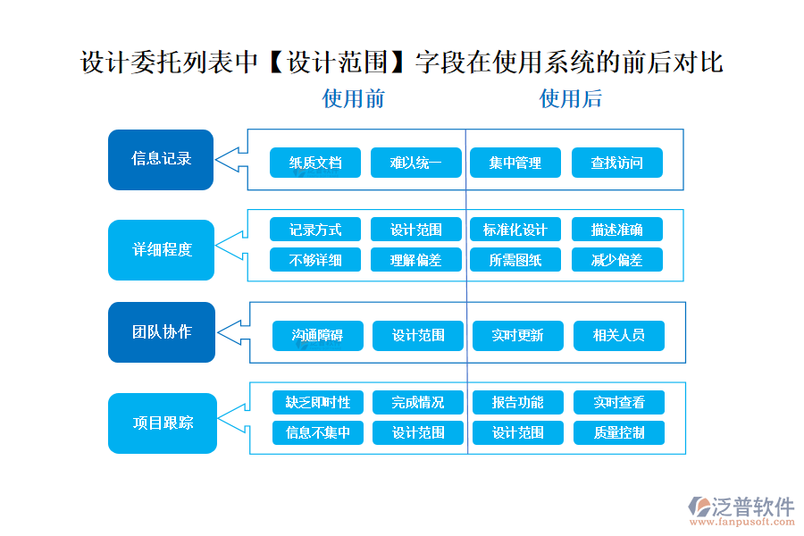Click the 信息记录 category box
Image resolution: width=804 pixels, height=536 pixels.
pos(161,160)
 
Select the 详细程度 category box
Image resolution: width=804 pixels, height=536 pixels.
pos(162,250)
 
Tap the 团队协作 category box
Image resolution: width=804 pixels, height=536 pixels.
pos(162,332)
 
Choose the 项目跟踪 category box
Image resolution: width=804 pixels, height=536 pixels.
pos(162,423)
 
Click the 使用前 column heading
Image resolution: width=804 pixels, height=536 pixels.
pos(354,98)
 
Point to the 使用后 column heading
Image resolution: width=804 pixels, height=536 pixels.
pos(570,98)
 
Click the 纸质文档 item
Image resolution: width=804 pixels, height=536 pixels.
pos(315,163)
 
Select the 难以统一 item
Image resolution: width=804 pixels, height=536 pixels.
pos(416,163)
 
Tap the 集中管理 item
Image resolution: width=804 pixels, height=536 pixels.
pos(515,163)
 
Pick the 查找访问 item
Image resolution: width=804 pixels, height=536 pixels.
pos(616,163)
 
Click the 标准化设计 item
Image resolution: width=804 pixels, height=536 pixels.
pos(515,230)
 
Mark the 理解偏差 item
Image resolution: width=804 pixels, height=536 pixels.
pos(416,260)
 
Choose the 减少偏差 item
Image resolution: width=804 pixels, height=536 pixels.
pos(616,260)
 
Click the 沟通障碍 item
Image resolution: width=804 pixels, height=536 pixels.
pos(317,336)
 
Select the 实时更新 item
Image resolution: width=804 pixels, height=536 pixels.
pos(517,336)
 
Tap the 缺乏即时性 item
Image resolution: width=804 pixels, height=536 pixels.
pos(317,402)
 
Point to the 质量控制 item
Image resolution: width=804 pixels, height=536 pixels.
pos(618,432)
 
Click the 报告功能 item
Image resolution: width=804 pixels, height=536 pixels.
pos(517,402)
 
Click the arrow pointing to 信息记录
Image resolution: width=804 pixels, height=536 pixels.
pos(230,160)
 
